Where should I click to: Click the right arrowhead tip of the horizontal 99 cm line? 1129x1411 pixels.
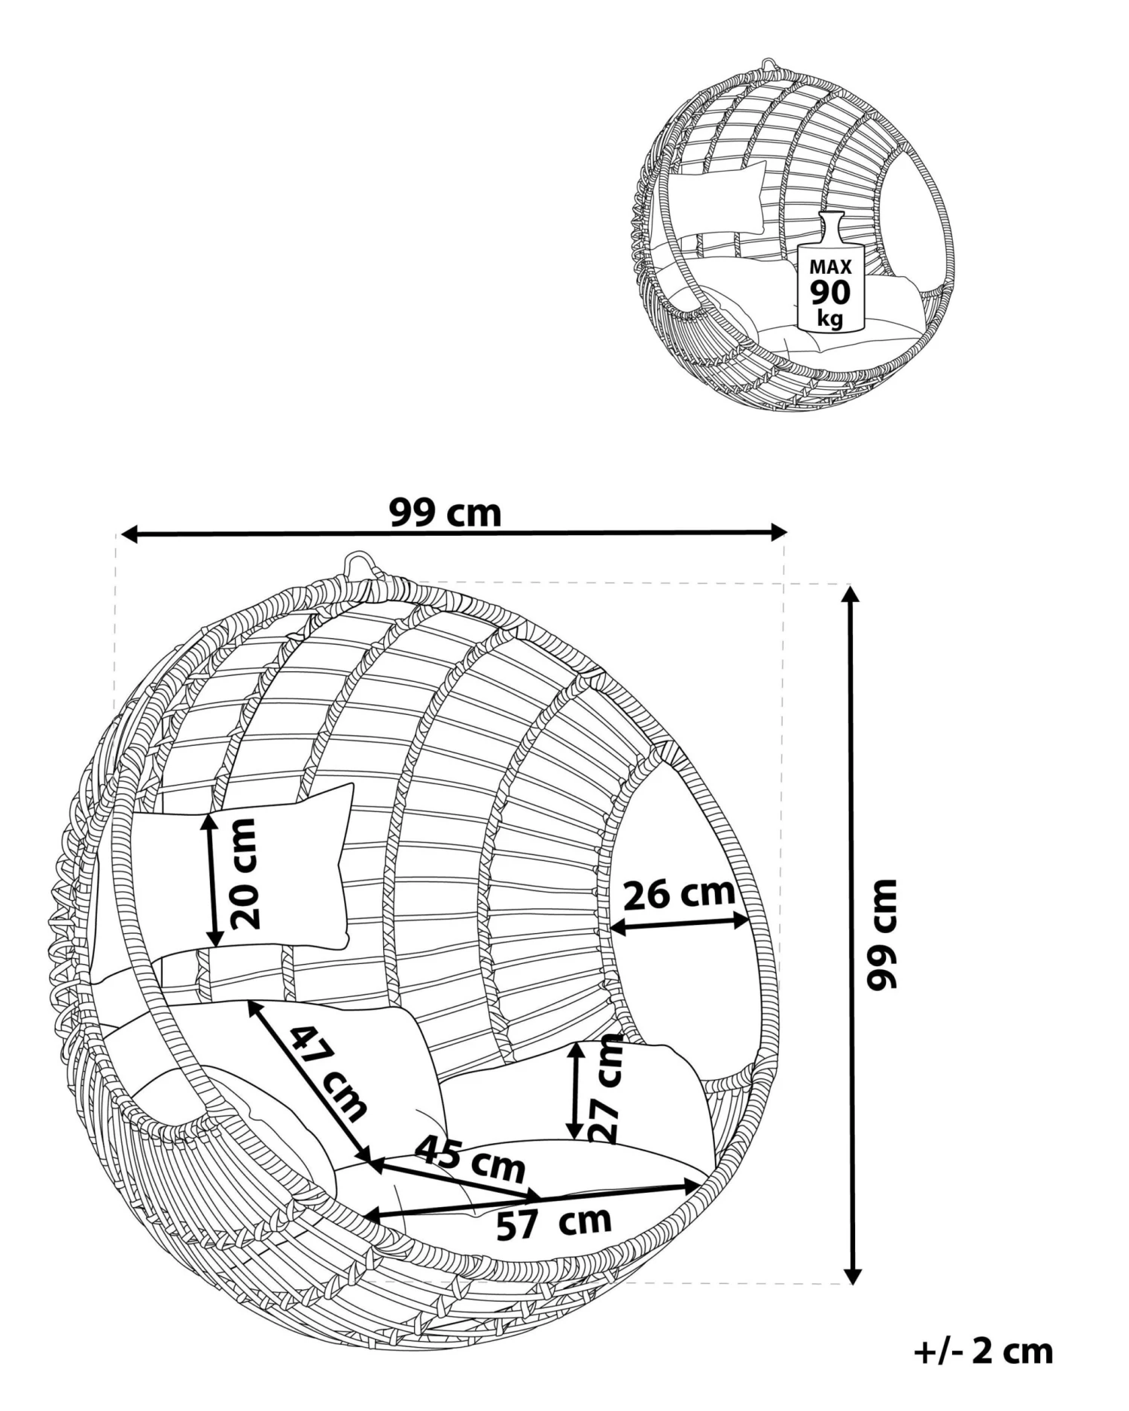pyautogui.click(x=787, y=533)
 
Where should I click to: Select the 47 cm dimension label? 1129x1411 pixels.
pyautogui.click(x=329, y=1073)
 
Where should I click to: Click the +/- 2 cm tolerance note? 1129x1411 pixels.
pyautogui.click(x=983, y=1352)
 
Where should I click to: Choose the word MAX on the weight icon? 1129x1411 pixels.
pyautogui.click(x=831, y=266)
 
